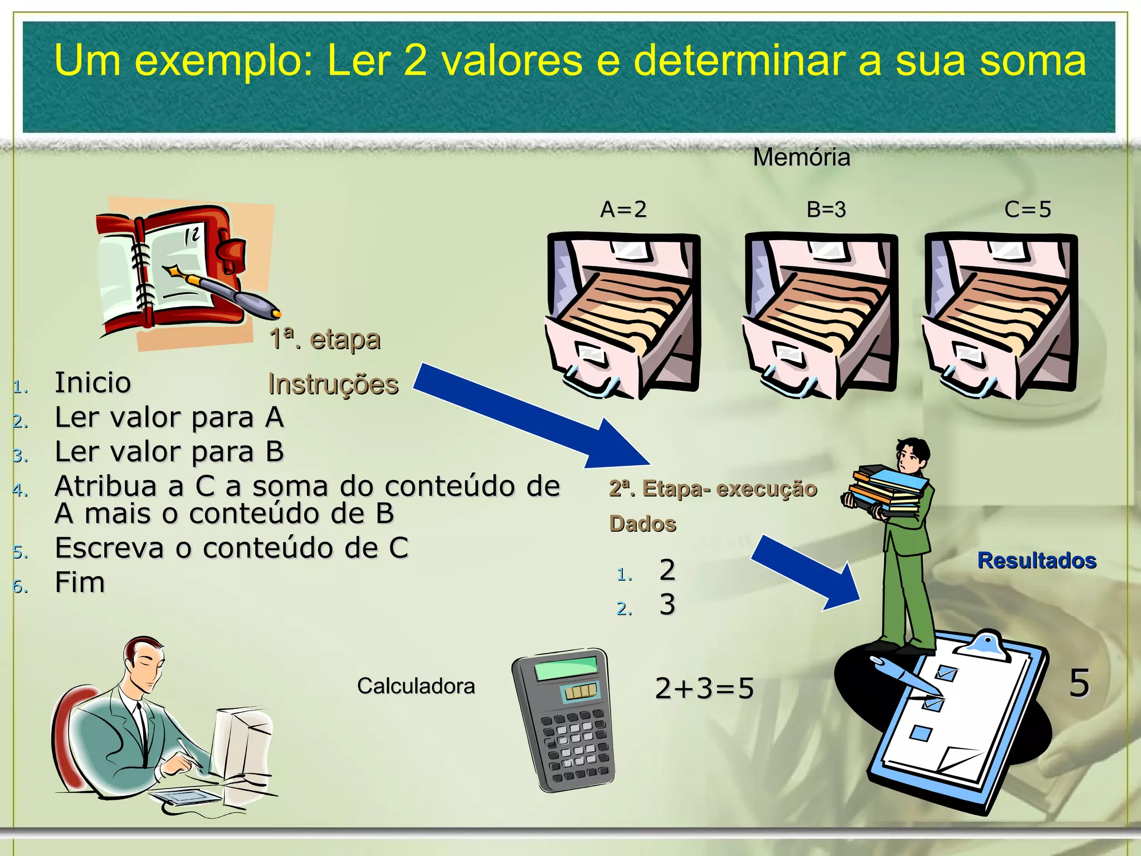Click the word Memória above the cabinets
click(801, 158)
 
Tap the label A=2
click(623, 210)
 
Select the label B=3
click(826, 210)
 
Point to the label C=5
click(1027, 210)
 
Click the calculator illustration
click(563, 720)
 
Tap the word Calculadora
click(416, 686)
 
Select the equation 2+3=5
click(704, 688)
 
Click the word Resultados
click(1037, 561)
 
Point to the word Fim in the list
click(80, 583)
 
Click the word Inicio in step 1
click(92, 383)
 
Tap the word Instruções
click(333, 385)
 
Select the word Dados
click(642, 524)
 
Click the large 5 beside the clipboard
click(1079, 683)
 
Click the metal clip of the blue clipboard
click(986, 645)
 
